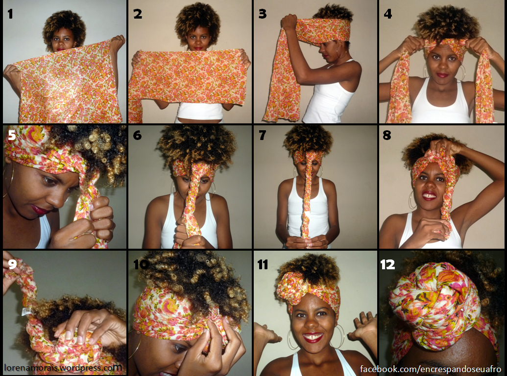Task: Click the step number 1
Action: (10, 14)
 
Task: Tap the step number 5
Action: (12, 135)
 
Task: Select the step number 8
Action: (387, 135)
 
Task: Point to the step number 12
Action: (387, 265)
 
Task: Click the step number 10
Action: (141, 264)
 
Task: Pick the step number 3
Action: (263, 14)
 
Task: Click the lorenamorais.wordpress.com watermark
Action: (63, 368)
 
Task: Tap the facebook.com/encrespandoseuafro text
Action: (431, 369)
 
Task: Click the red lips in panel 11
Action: (313, 337)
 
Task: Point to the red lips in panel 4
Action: (442, 75)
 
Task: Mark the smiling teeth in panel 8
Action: (429, 195)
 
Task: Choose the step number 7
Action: (263, 135)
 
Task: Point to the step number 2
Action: (138, 14)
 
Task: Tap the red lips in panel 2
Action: (198, 48)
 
